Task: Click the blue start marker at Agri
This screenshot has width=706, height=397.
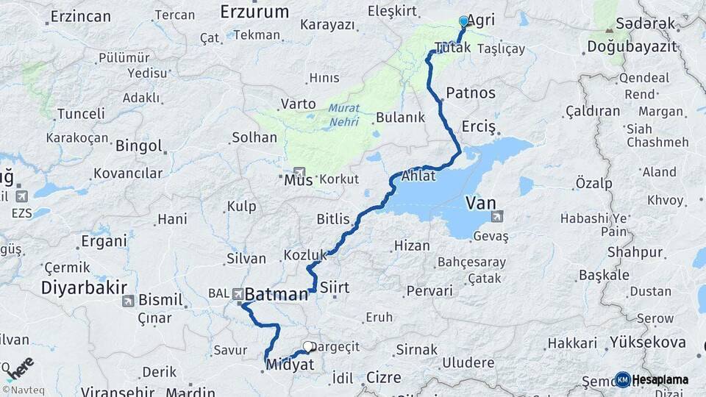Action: (463, 21)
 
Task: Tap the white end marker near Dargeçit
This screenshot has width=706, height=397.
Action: (308, 346)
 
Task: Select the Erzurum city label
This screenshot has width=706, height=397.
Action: (254, 11)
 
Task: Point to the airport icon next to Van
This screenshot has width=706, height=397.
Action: (498, 216)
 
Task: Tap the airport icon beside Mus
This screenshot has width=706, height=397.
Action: (299, 172)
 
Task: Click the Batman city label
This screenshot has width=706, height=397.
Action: (276, 294)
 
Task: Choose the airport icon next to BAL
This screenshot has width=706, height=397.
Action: (239, 294)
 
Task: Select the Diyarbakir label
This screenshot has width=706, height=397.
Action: (84, 287)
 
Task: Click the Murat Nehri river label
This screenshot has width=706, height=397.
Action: (343, 113)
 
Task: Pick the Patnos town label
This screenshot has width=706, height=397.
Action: (471, 93)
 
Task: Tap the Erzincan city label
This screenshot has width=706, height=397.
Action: (81, 16)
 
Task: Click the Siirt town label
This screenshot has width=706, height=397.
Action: (335, 287)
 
